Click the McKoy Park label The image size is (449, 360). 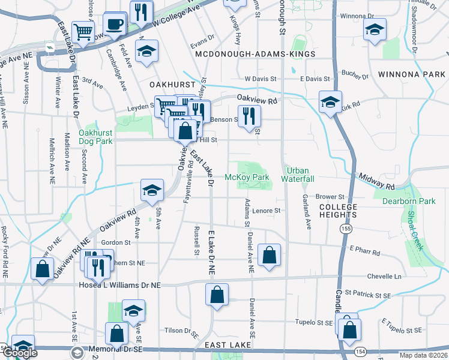[x=247, y=177]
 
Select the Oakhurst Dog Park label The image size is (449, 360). [x=95, y=137]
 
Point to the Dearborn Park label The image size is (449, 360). [x=408, y=201]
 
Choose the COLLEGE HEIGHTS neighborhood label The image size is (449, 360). [x=338, y=211]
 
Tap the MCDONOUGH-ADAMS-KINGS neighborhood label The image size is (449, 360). [x=255, y=54]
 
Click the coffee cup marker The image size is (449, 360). [x=114, y=25]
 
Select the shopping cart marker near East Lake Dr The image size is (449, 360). [x=83, y=32]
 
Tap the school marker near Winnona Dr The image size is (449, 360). [x=375, y=29]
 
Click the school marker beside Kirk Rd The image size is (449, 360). [x=330, y=101]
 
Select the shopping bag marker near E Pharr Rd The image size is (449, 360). [x=270, y=254]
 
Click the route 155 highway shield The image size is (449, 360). [x=346, y=229]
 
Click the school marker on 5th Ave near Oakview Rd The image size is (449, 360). [x=152, y=191]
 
